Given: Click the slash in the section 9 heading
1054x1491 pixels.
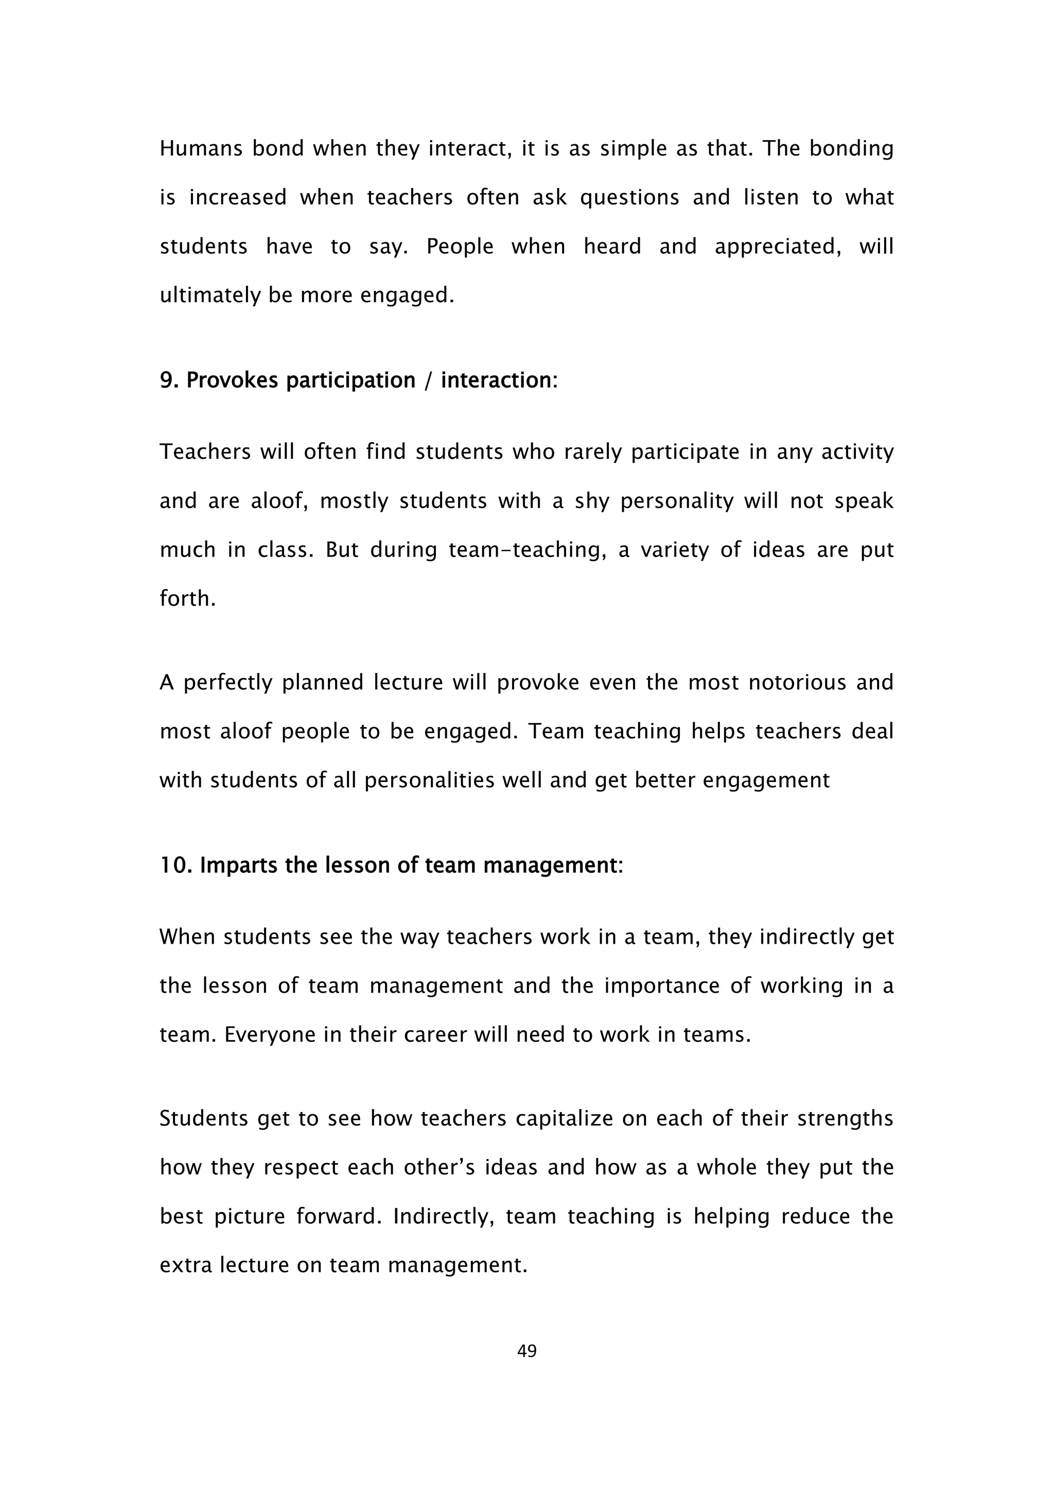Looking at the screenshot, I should [427, 380].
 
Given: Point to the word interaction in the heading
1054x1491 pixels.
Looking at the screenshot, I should [496, 380].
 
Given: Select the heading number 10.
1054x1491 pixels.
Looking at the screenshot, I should [176, 865].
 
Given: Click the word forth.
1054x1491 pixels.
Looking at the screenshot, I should [187, 599].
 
